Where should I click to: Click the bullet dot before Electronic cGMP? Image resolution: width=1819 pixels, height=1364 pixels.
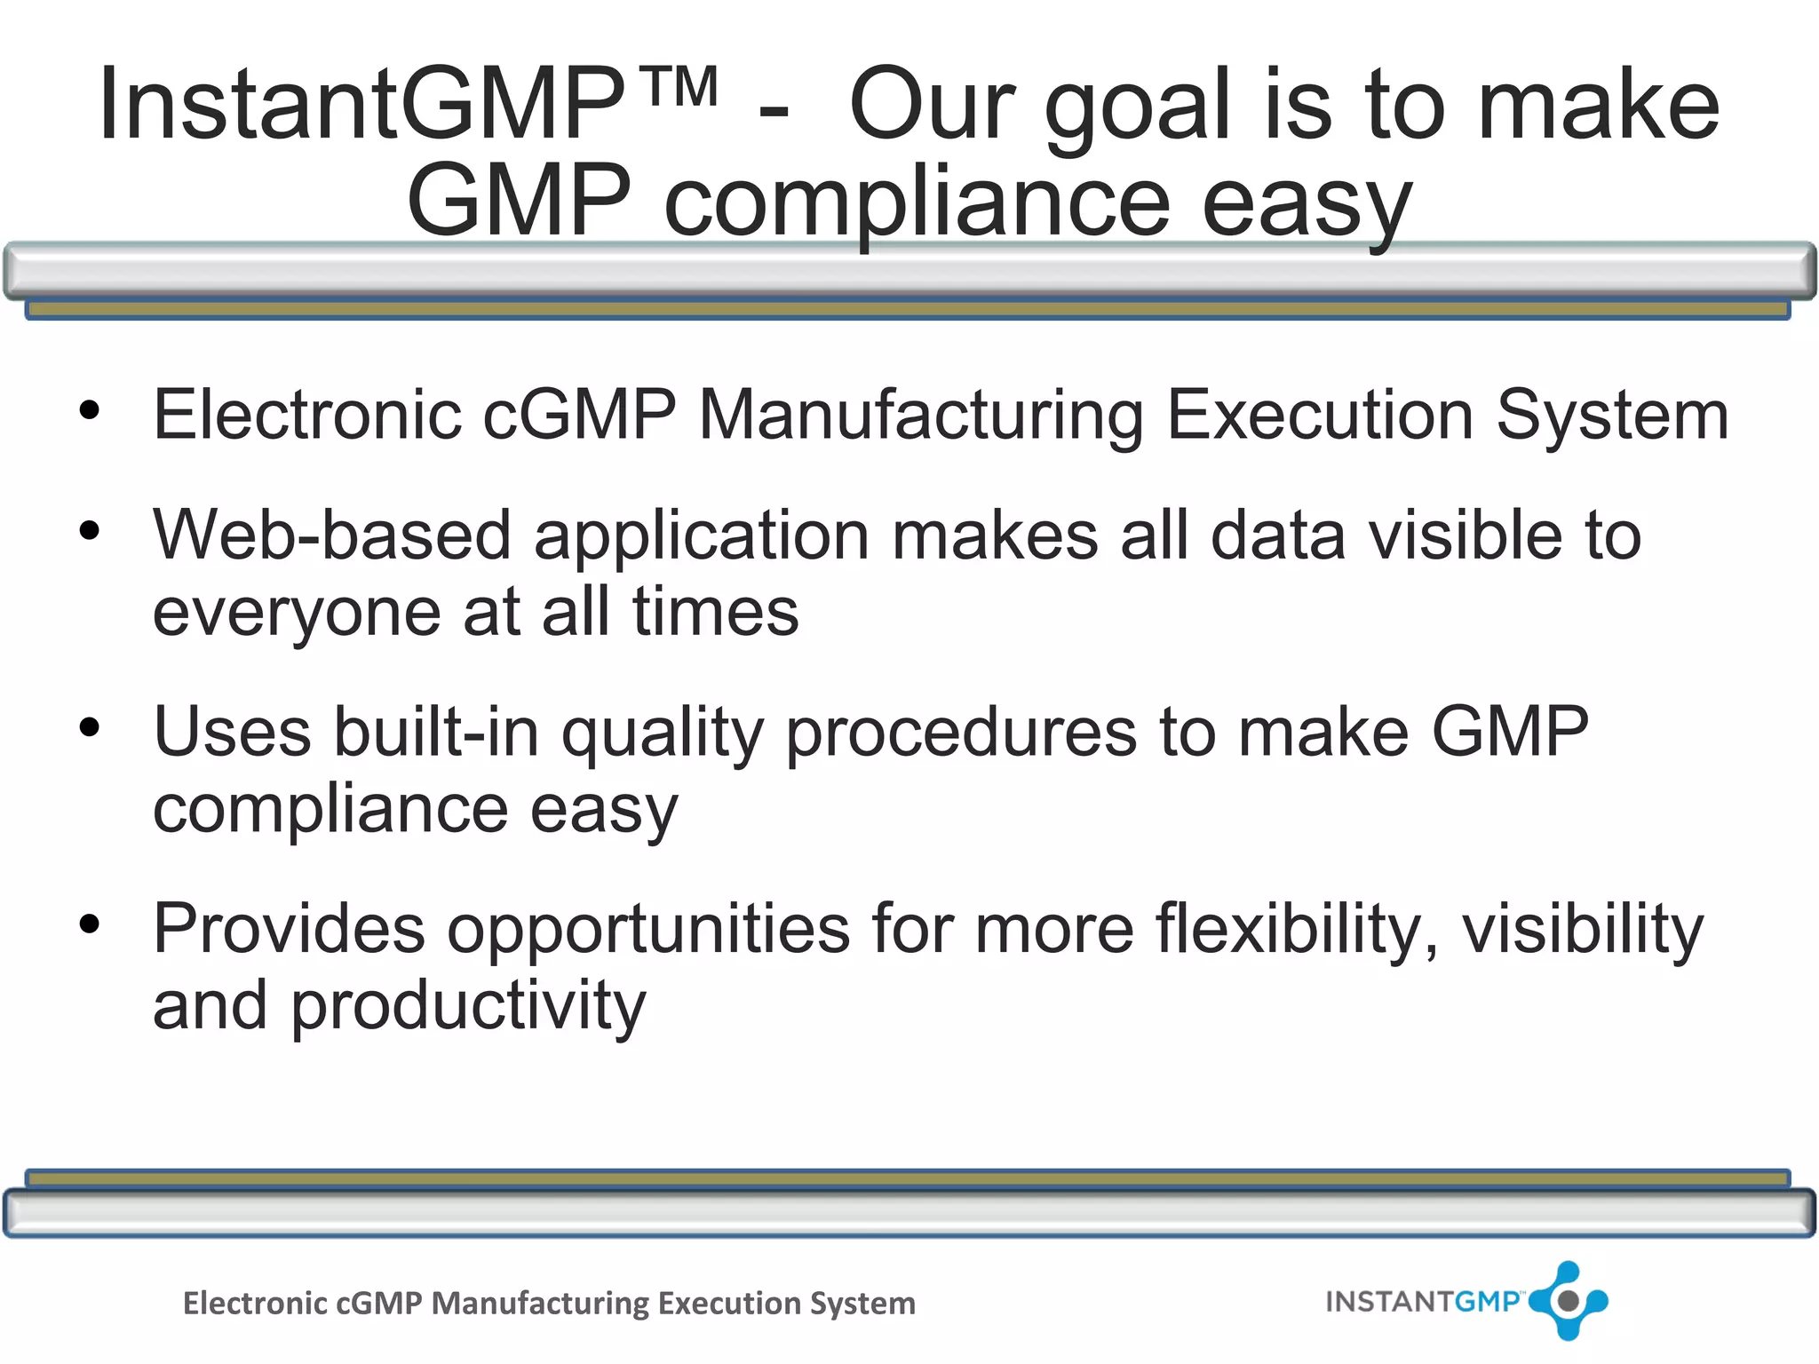point(90,410)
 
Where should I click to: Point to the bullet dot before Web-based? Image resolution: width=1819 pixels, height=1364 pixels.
point(90,531)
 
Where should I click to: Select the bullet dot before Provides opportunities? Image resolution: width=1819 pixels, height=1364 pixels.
point(90,924)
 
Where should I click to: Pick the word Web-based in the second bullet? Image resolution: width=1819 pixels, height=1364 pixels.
point(332,535)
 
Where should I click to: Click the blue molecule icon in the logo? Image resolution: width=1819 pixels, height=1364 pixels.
point(1569,1301)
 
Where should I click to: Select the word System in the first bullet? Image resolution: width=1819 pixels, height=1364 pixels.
point(1612,416)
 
